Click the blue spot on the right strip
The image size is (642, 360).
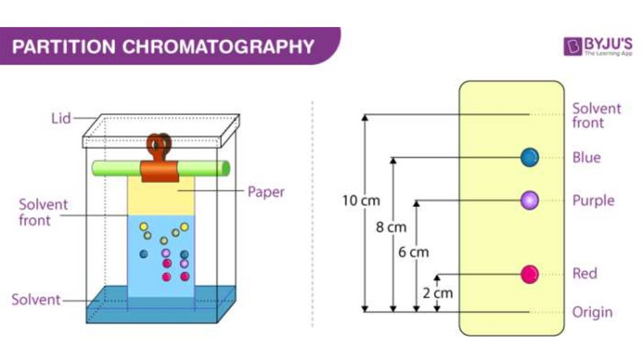pos(530,157)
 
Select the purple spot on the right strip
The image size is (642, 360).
pos(530,200)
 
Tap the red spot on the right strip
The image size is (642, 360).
pos(530,273)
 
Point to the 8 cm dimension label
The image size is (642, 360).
pos(391,227)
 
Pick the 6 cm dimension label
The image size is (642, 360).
pos(414,252)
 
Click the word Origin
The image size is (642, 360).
pos(592,312)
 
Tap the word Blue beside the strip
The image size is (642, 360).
pos(586,157)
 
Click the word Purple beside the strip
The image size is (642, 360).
pos(593,201)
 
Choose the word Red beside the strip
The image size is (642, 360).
pos(584,273)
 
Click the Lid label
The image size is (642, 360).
pos(61,118)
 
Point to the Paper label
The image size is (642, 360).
pos(266,192)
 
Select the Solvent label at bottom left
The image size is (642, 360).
pos(36,300)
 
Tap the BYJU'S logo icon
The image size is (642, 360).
pos(572,46)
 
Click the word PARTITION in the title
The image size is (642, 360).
pos(55,46)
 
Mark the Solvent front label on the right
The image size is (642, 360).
pos(596,115)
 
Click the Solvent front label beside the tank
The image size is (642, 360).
pos(43,212)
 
